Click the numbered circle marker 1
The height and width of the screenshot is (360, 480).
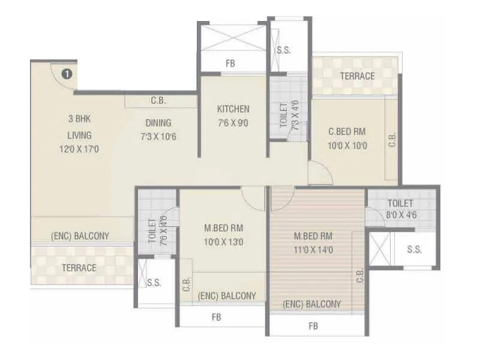click(67, 74)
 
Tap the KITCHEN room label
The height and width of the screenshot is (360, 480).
click(233, 109)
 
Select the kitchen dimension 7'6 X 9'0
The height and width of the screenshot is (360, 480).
click(233, 124)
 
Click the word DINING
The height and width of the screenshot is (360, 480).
click(158, 122)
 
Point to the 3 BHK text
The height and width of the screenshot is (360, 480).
click(79, 119)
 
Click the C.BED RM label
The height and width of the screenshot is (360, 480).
click(347, 131)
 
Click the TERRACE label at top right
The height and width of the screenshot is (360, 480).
click(357, 76)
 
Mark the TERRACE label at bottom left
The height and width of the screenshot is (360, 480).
click(79, 268)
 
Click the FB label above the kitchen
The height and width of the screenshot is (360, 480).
click(230, 62)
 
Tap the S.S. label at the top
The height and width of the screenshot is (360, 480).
click(284, 50)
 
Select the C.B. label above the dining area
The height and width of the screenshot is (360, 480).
click(158, 101)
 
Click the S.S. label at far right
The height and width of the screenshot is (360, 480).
click(413, 249)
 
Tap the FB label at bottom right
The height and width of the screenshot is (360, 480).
click(313, 326)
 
